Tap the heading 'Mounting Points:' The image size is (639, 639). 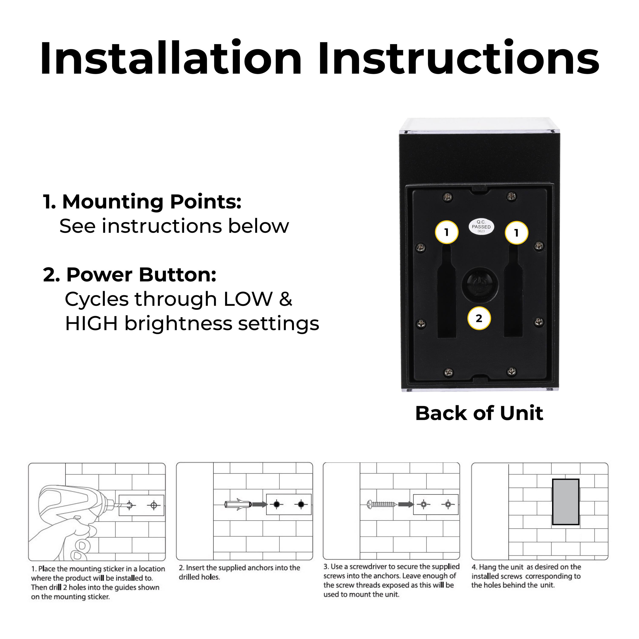(142, 201)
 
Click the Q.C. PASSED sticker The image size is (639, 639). (481, 227)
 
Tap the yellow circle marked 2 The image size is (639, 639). (479, 318)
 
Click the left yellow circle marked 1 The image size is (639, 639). (446, 232)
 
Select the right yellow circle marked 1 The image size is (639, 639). (516, 233)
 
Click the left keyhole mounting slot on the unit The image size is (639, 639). (446, 291)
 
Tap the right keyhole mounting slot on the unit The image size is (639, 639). (513, 291)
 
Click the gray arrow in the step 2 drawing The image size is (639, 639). (260, 504)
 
